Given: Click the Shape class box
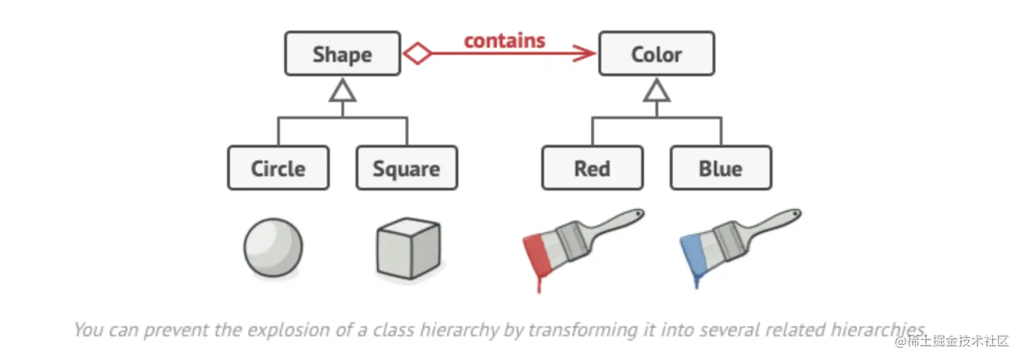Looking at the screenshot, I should pyautogui.click(x=342, y=54).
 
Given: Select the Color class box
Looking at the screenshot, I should pyautogui.click(x=656, y=54).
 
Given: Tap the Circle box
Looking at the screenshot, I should pyautogui.click(x=278, y=169).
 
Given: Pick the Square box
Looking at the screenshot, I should pyautogui.click(x=406, y=169).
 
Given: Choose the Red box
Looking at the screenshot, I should pyautogui.click(x=592, y=169).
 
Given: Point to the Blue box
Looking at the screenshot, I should pyautogui.click(x=720, y=169).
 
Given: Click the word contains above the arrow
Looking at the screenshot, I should pyautogui.click(x=504, y=40).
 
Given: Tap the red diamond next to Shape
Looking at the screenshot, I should pyautogui.click(x=417, y=54).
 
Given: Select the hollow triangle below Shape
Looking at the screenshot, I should pyautogui.click(x=343, y=90).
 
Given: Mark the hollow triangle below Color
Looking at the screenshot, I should pyautogui.click(x=657, y=90).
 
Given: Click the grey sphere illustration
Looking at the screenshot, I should pyautogui.click(x=273, y=248).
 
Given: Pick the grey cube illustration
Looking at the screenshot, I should pyautogui.click(x=407, y=249).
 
